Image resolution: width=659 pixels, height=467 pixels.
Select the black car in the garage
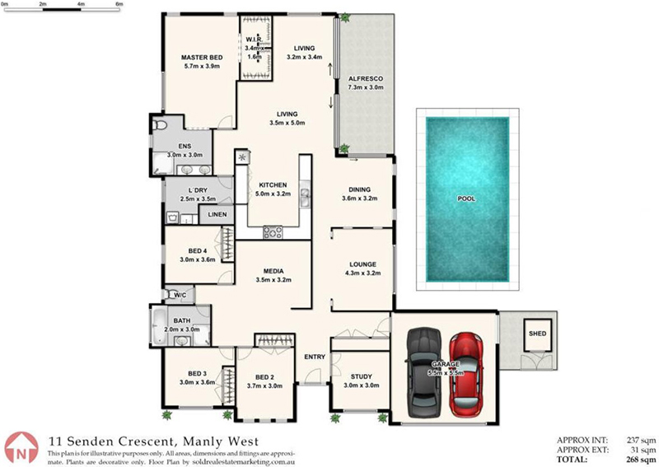pyautogui.click(x=424, y=372)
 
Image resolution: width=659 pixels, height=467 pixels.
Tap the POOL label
pyautogui.click(x=466, y=198)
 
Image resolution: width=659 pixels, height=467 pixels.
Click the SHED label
pyautogui.click(x=538, y=334)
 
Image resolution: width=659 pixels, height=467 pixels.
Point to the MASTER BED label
pyautogui.click(x=202, y=58)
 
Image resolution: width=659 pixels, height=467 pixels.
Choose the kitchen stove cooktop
pyautogui.click(x=273, y=232)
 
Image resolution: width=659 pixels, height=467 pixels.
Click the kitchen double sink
pyautogui.click(x=305, y=195)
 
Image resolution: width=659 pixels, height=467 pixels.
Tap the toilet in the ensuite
pyautogui.click(x=159, y=124)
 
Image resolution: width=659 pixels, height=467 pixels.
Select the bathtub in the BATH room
pyautogui.click(x=160, y=326)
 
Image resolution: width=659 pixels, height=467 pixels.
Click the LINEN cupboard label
pyautogui.click(x=217, y=214)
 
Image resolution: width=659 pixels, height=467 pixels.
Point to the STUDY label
pyautogui.click(x=362, y=376)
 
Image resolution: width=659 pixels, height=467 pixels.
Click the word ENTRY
pyautogui.click(x=315, y=357)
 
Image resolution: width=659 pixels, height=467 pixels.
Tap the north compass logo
pyautogui.click(x=21, y=448)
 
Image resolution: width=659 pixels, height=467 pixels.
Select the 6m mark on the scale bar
pyautogui.click(x=119, y=4)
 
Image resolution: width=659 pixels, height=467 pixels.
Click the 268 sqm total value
pyautogui.click(x=641, y=460)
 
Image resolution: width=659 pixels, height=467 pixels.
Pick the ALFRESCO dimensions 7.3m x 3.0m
pyautogui.click(x=366, y=88)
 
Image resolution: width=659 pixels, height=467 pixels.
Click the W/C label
pyautogui.click(x=180, y=295)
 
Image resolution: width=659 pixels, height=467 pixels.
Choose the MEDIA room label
pyautogui.click(x=273, y=271)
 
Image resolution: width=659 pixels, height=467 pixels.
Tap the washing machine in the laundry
pyautogui.click(x=173, y=217)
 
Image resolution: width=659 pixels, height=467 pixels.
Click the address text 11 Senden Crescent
pyautogui.click(x=111, y=441)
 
